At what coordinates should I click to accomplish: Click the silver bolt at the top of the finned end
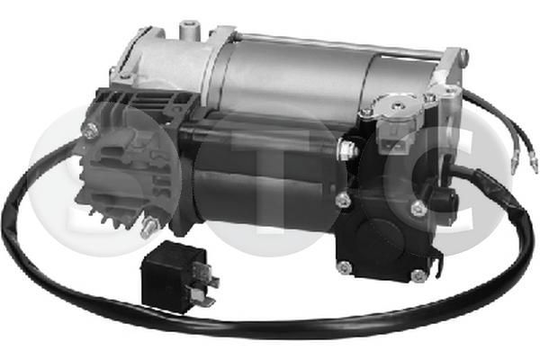(x=91, y=130)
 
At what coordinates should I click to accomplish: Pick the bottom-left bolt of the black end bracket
(x=344, y=266)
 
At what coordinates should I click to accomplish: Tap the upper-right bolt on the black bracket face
(x=418, y=208)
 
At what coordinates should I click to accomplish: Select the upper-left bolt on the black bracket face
(x=344, y=200)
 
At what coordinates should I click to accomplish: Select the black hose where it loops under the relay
(x=180, y=317)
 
